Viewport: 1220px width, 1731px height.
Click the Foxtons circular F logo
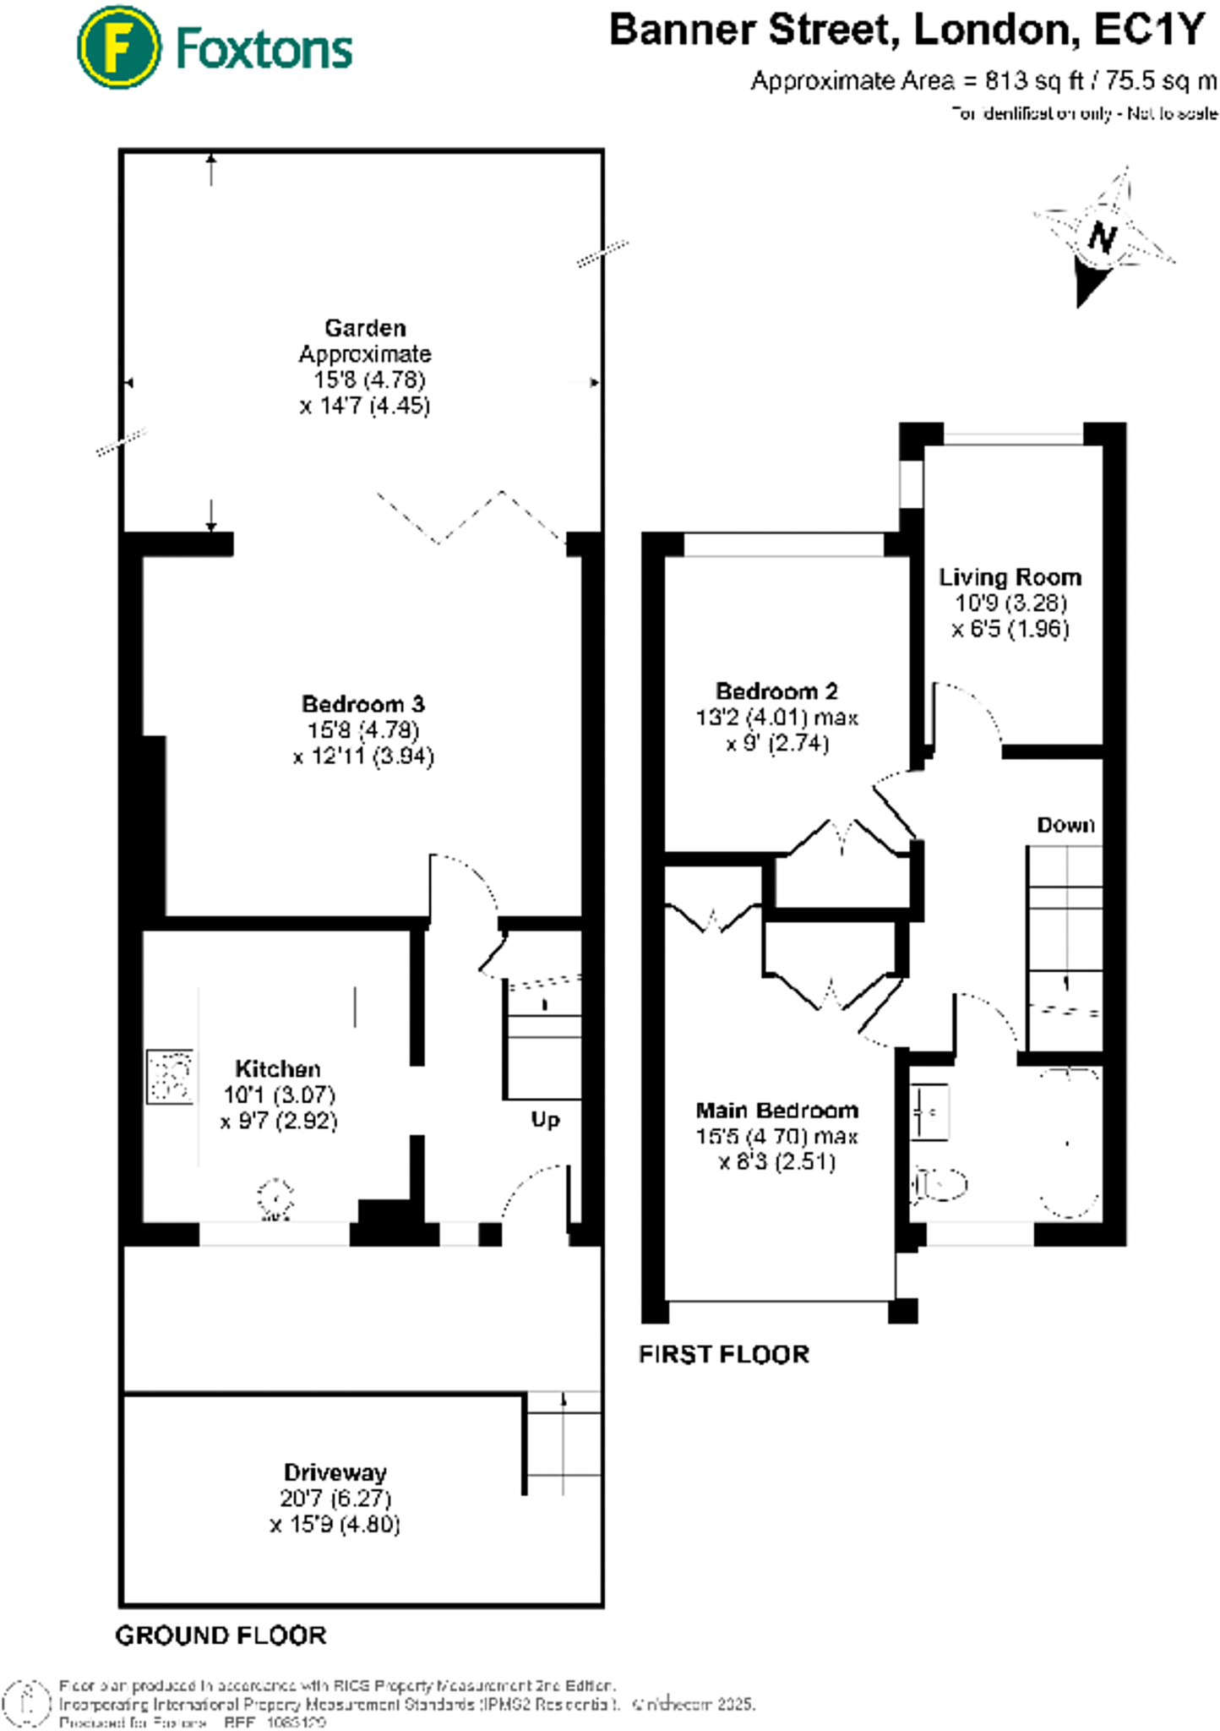coord(118,47)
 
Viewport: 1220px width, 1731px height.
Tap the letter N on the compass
coord(1102,237)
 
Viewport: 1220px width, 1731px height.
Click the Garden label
coord(365,328)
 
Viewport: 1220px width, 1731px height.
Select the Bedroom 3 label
coord(363,704)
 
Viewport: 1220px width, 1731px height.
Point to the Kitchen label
coord(277,1068)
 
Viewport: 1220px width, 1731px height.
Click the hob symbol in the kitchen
coord(170,1076)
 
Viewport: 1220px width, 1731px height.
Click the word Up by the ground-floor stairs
coord(545,1120)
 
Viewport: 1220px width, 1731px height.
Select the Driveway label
coord(335,1472)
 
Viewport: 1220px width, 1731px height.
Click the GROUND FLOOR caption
coord(221,1635)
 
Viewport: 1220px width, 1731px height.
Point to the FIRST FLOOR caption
coord(724,1354)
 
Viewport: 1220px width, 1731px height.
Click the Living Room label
coord(1010,577)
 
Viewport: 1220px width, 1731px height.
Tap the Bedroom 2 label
coord(776,691)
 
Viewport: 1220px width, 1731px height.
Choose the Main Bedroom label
coord(776,1110)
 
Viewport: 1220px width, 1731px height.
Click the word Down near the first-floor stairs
coord(1065,825)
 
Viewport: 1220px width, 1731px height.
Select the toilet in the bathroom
coord(940,1185)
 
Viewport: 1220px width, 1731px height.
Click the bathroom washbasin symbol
coord(929,1113)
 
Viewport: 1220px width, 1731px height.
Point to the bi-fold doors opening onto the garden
coord(470,516)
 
